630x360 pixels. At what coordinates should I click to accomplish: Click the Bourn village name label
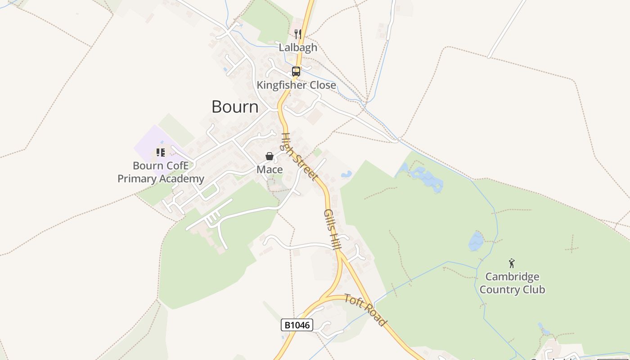(x=235, y=107)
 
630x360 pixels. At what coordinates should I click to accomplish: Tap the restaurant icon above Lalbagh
(x=297, y=34)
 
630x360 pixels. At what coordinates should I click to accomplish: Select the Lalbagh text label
(x=298, y=47)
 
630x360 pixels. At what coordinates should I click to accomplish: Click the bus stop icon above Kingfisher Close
(x=296, y=71)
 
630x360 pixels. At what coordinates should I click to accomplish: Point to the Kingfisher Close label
(x=296, y=85)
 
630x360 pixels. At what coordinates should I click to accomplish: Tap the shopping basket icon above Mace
(x=270, y=156)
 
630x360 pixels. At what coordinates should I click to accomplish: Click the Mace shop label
(x=270, y=170)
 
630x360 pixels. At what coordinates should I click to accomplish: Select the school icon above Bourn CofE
(x=160, y=153)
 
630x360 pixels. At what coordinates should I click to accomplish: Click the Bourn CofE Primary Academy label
(x=161, y=172)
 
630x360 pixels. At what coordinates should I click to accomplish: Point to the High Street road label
(x=299, y=156)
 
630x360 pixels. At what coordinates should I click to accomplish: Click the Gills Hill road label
(x=333, y=229)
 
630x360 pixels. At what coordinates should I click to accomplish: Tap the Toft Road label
(x=365, y=310)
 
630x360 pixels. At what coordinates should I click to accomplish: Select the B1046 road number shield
(x=297, y=325)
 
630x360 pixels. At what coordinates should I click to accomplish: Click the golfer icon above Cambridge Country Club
(x=512, y=263)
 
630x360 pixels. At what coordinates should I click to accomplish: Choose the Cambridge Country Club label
(x=512, y=283)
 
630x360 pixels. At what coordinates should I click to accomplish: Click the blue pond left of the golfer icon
(x=476, y=241)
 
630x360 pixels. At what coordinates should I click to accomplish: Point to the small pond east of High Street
(x=346, y=174)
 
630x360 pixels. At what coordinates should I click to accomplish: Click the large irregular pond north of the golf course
(x=425, y=178)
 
